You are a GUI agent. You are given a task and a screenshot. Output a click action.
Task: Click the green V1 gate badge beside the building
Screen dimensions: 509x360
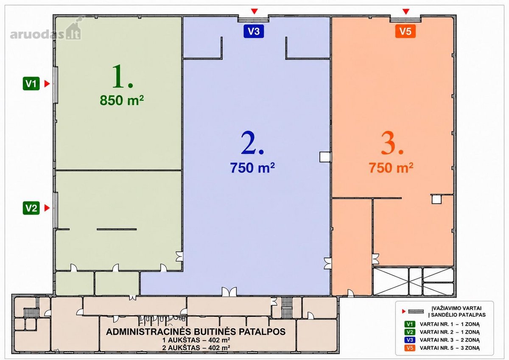tap(31, 84)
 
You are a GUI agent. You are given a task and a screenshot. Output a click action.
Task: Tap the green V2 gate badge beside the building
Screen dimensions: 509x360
tap(31, 208)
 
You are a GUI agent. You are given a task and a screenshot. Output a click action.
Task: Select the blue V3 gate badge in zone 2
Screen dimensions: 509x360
tap(254, 31)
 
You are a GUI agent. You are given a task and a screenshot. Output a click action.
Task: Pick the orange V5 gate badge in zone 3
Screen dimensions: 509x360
tap(406, 31)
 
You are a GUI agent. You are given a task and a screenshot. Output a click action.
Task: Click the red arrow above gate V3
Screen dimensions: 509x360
tap(254, 11)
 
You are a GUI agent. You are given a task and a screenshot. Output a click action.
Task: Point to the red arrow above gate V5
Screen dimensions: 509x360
tap(406, 11)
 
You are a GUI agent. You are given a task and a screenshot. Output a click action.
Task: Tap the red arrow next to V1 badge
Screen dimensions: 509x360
tap(47, 84)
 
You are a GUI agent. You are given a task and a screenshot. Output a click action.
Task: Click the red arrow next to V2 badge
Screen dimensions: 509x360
tap(47, 208)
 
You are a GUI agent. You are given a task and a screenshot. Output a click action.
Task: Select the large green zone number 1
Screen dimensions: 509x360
tap(123, 76)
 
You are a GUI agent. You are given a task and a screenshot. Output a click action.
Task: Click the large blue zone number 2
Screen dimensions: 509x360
tap(252, 143)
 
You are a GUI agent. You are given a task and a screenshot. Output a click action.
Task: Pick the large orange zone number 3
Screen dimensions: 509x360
tap(392, 144)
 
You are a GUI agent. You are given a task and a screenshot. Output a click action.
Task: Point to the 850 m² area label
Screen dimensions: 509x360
tap(122, 100)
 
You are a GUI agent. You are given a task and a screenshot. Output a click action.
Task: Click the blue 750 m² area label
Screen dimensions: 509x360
tap(252, 167)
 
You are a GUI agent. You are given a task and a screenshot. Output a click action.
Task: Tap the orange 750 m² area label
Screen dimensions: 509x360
tap(391, 167)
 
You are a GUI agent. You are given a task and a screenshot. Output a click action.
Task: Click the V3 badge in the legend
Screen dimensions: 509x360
tap(410, 340)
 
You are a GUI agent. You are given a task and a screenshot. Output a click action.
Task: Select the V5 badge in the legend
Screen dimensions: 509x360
tap(410, 348)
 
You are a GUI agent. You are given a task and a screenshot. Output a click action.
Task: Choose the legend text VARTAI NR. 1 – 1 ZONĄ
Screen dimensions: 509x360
tap(450, 324)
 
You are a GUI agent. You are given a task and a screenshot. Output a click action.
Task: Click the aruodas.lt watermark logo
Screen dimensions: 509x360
tap(46, 31)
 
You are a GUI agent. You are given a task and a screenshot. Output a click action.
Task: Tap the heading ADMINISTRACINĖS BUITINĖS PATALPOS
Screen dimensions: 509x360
tap(196, 332)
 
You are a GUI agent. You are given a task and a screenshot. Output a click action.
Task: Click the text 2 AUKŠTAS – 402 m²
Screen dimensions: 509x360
tap(196, 348)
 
